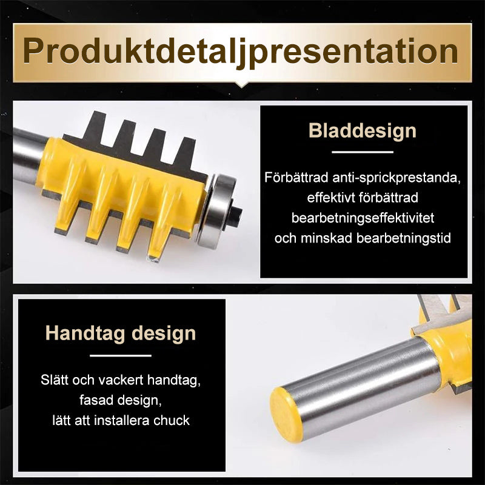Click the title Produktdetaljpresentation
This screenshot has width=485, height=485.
click(241, 51)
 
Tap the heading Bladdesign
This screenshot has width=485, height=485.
click(363, 130)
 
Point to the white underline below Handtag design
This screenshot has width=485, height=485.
click(120, 355)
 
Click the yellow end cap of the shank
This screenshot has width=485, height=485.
click(286, 415)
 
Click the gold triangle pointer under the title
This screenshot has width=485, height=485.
click(242, 82)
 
